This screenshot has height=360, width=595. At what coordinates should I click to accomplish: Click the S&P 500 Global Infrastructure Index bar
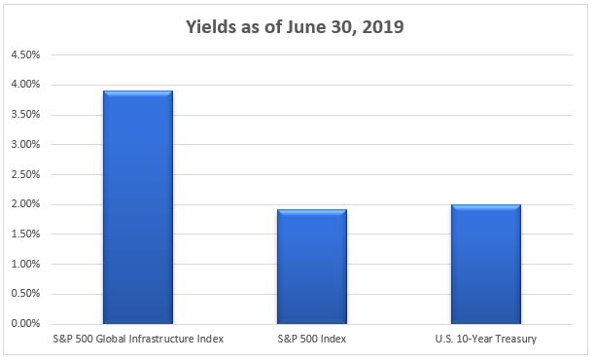pos(138,206)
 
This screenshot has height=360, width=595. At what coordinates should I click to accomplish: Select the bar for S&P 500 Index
pos(311,266)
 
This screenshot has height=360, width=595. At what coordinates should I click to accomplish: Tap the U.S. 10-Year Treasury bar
pos(485,263)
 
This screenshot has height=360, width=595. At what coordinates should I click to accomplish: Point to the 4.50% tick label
pos(24,54)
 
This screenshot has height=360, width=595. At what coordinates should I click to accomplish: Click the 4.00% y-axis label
pos(24,85)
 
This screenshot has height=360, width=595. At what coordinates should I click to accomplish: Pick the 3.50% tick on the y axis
pos(24,115)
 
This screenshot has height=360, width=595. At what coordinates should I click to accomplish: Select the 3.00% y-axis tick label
pos(24,145)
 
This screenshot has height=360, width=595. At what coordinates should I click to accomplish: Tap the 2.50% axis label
pos(24,175)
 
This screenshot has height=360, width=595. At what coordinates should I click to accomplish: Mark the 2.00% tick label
pos(24,204)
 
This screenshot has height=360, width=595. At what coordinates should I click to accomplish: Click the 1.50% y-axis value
pos(24,234)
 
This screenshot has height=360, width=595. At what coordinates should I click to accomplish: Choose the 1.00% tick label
pos(24,265)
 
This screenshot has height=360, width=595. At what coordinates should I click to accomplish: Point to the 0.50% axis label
pos(24,294)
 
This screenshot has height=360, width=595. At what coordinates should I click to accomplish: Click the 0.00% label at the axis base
pos(24,324)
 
